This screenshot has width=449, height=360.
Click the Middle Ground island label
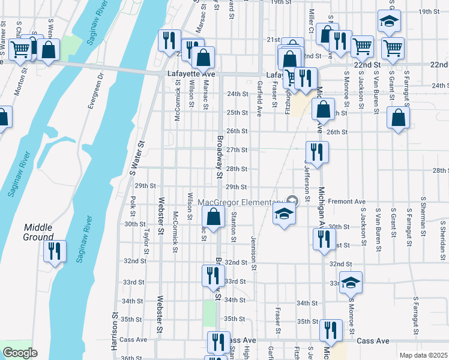38,232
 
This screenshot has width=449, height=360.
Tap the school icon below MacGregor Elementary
284,214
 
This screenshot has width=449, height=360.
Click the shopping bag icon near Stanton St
213,217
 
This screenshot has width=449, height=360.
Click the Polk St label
132,204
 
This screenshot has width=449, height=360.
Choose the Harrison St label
113,331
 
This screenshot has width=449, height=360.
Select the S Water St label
137,158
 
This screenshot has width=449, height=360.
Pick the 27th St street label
237,149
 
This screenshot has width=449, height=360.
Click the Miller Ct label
311,20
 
